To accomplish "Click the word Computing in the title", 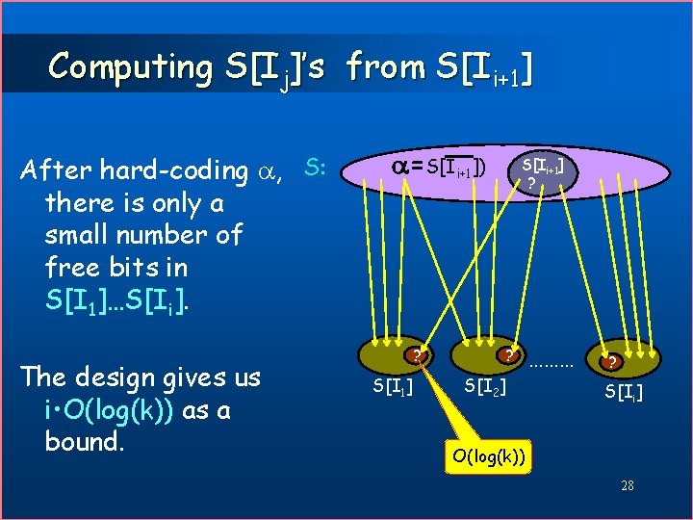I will point(132,66).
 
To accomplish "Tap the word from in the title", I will point(384,66).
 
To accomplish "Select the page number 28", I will point(627,485).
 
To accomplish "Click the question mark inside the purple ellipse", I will point(531,183).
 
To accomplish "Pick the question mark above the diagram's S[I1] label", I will point(416,355).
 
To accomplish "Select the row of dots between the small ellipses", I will point(552,366).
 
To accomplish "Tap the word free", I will point(71,266).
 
